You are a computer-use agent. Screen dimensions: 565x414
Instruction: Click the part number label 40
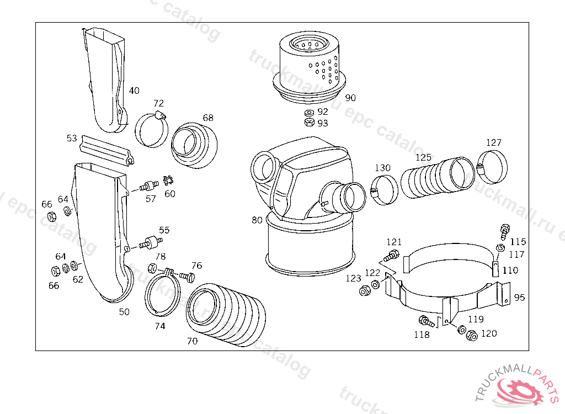(x=134, y=91)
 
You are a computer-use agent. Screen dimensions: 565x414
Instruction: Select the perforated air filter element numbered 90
(x=311, y=66)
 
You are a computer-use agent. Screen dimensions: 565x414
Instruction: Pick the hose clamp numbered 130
(x=384, y=189)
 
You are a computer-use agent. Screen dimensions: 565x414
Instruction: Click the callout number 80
(x=257, y=220)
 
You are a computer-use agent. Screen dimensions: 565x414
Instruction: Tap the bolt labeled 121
(x=392, y=255)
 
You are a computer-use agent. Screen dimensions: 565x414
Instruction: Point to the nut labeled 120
(x=471, y=335)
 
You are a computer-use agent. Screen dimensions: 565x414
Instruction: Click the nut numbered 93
(x=309, y=123)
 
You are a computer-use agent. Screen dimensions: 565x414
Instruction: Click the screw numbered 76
(x=189, y=276)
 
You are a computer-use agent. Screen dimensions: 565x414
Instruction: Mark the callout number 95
(x=519, y=298)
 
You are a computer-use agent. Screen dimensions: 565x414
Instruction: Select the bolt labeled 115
(x=504, y=229)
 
